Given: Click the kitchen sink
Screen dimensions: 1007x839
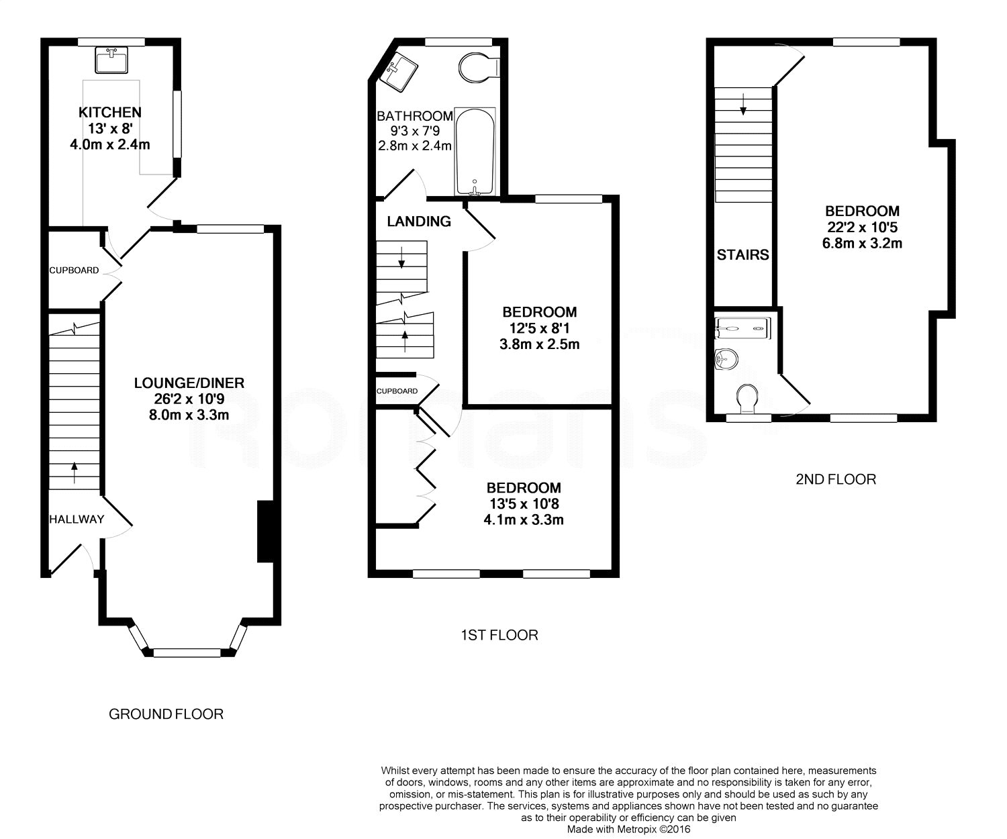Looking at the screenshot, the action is [111, 60].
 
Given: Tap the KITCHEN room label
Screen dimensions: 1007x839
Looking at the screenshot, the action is [110, 112].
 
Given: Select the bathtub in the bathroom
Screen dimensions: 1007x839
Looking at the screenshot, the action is [475, 152].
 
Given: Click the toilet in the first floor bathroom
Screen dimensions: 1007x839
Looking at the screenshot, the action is [479, 66].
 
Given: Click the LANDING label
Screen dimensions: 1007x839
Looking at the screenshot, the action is [419, 221].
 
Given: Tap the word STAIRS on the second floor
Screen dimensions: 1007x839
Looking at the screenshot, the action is [742, 254].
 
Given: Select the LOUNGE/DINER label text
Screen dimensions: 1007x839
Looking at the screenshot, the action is [189, 383].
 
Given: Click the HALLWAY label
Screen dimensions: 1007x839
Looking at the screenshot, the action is [77, 520].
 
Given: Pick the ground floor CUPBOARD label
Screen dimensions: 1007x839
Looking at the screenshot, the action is [74, 270].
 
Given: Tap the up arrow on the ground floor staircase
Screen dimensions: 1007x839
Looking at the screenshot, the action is [75, 473].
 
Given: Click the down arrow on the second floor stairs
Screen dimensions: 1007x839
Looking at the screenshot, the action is [743, 104].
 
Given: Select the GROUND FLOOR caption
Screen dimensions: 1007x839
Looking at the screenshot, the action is [166, 714].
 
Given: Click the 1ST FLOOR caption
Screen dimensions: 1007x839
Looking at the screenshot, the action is [499, 635].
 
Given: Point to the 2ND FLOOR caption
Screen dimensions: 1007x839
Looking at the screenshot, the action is [836, 479].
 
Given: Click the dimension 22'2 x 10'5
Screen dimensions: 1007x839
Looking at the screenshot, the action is [862, 227].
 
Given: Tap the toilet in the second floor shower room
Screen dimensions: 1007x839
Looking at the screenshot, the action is [747, 399].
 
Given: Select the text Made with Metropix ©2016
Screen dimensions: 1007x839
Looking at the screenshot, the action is [628, 830].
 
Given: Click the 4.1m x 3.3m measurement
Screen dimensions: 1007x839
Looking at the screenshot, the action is [523, 520].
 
